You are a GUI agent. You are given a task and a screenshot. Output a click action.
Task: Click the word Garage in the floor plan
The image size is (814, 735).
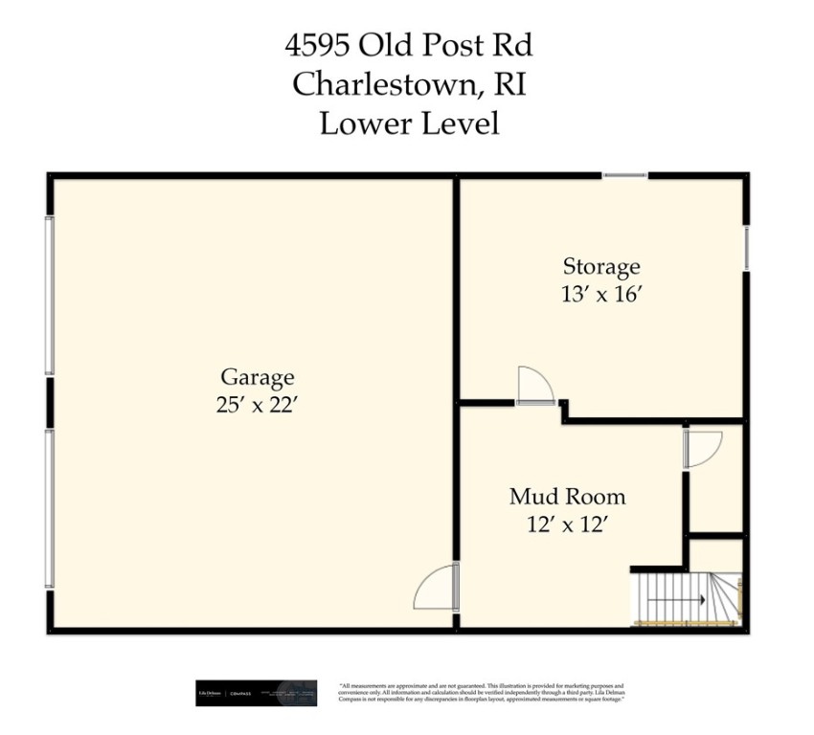(257, 377)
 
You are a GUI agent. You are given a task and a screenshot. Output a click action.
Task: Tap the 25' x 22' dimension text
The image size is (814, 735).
(257, 404)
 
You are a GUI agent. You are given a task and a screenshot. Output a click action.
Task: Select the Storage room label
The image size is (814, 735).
(600, 267)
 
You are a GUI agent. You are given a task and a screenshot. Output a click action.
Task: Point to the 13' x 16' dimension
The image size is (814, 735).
(600, 294)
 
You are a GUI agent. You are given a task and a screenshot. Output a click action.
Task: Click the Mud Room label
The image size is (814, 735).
(567, 497)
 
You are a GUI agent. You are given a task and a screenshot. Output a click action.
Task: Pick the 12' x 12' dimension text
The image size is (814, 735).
(567, 523)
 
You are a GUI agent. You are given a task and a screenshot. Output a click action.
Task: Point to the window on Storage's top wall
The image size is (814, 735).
(624, 175)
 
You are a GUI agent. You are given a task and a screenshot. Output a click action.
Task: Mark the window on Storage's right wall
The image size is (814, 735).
(746, 248)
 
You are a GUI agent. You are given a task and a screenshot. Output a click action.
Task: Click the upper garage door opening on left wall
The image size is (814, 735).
(49, 295)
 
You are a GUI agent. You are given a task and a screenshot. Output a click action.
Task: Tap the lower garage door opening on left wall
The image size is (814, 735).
(49, 507)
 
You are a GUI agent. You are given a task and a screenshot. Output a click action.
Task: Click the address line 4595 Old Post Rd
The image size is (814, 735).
(409, 45)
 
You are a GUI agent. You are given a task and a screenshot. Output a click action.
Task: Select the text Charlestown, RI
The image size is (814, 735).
(409, 84)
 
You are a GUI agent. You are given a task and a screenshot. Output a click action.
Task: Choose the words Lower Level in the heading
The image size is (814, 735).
(409, 123)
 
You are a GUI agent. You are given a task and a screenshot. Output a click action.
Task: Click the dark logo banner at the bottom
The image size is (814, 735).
(256, 693)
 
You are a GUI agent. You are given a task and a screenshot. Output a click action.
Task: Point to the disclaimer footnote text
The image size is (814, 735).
(482, 693)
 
